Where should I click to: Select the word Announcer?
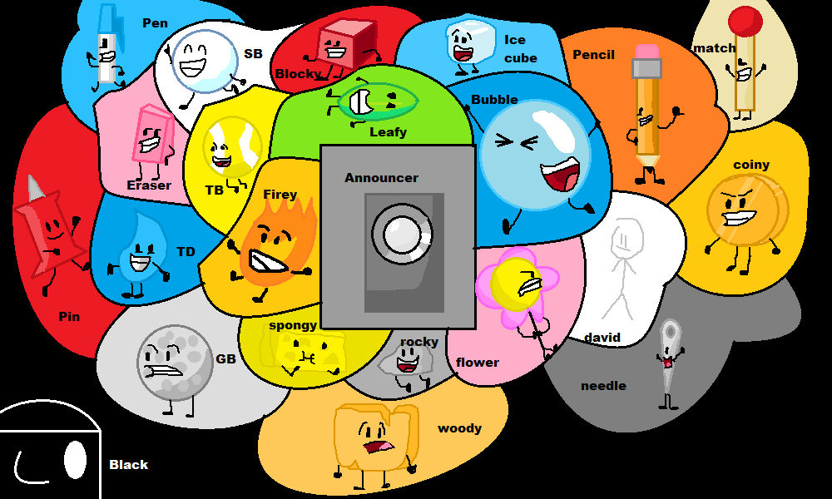381,177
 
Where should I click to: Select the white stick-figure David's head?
623,241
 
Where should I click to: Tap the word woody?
459,428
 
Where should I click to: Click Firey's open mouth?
269,264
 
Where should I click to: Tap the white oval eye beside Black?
75,459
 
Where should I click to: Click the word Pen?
155,22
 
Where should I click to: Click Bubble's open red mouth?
559,175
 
